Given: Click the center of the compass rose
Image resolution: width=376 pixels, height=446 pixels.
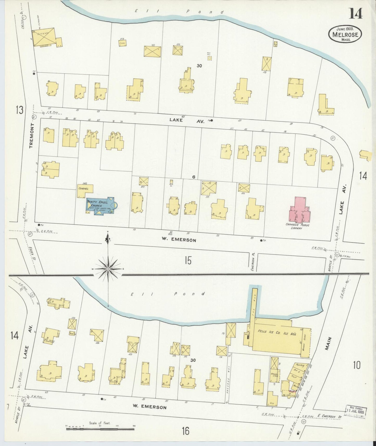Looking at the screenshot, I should point(108,269).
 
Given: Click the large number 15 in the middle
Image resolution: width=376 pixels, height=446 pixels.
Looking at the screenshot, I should point(188,260).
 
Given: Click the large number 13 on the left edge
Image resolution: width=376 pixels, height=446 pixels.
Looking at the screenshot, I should point(19,110).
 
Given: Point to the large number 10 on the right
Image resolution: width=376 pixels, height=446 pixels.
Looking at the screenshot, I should point(357,365).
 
